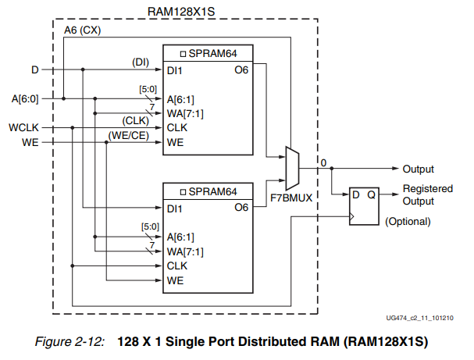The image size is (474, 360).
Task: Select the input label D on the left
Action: [34, 70]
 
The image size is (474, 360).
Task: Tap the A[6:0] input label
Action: [25, 98]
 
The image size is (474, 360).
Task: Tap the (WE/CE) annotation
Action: [127, 134]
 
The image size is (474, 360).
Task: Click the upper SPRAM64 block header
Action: [208, 54]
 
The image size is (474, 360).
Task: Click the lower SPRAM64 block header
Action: [208, 191]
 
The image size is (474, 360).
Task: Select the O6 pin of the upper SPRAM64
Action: [242, 70]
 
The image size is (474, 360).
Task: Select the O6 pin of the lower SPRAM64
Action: [242, 208]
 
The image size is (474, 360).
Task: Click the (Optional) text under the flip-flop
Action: [408, 221]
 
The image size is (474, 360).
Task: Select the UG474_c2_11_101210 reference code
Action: [419, 319]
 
